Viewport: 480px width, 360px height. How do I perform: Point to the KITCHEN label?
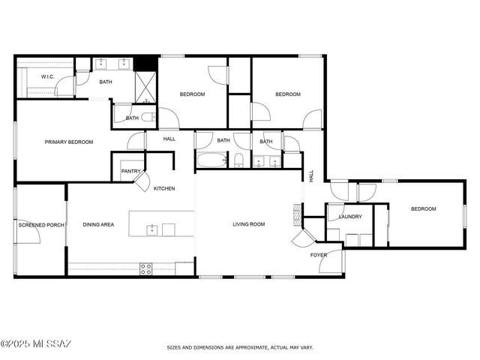164,188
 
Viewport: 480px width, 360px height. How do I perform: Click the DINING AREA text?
98,224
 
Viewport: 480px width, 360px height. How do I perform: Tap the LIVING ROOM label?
248,224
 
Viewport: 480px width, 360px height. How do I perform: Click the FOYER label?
319,255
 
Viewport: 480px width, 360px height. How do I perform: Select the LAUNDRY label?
350,217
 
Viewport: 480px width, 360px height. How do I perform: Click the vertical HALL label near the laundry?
311,176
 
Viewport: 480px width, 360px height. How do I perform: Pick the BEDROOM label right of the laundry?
423,209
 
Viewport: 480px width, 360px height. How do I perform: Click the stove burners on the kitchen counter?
145,268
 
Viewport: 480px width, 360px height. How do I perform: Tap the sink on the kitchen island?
152,228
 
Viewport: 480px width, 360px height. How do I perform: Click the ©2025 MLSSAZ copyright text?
36,344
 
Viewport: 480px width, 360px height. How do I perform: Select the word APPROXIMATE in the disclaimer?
244,348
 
